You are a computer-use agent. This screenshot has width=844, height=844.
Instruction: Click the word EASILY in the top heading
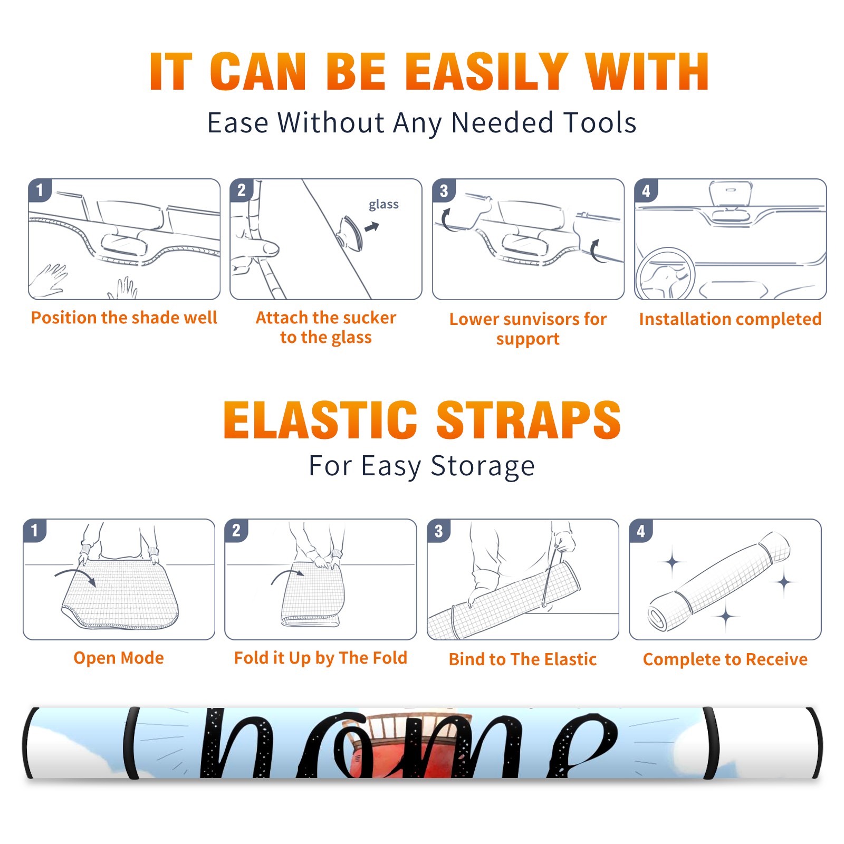tap(486, 72)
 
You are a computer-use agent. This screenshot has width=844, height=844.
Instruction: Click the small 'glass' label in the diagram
tap(383, 205)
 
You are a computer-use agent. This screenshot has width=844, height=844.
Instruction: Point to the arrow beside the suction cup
tap(372, 227)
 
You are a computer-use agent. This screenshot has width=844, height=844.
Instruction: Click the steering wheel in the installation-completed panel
tap(665, 274)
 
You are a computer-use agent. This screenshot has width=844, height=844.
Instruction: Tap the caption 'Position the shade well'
tap(124, 318)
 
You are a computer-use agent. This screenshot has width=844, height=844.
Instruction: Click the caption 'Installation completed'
tap(730, 319)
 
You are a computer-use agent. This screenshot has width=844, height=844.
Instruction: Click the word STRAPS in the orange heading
tap(529, 420)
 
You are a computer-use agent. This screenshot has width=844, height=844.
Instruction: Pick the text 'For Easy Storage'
tap(421, 466)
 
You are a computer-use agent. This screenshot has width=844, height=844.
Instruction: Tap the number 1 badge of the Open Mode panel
tap(35, 530)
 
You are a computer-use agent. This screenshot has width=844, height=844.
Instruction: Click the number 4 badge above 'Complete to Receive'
tap(641, 530)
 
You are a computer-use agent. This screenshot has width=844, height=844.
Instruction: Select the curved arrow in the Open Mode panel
tap(75, 576)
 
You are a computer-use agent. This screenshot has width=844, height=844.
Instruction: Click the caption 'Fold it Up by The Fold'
tap(321, 658)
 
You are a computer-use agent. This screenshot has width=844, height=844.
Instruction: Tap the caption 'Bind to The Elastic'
tap(523, 659)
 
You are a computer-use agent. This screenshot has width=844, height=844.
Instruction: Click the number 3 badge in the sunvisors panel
tap(444, 190)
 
